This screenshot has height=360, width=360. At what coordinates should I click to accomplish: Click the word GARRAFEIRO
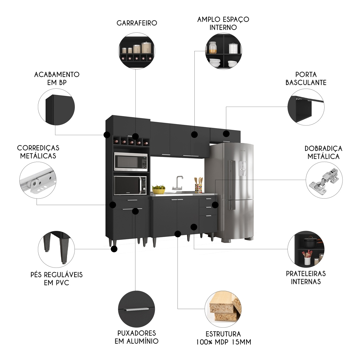pos(137,23)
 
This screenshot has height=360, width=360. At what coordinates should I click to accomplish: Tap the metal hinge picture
pos(324,180)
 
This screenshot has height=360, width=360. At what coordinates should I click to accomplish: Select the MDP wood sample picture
pos(223,309)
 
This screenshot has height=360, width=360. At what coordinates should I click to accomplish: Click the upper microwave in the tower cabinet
pos(131,162)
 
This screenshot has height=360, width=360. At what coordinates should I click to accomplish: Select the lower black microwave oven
pos(130,185)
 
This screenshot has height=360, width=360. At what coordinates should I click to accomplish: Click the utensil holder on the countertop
pos(198,187)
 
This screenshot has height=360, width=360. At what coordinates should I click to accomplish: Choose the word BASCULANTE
pos(306,83)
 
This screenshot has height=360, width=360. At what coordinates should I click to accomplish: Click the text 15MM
pos(241,342)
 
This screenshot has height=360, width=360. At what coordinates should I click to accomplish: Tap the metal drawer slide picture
pos(38,180)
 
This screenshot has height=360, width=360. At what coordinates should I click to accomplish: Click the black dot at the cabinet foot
pos(114,249)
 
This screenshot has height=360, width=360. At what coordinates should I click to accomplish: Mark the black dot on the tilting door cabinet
pos(226,134)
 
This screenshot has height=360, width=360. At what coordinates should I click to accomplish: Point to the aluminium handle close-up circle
pos(137,309)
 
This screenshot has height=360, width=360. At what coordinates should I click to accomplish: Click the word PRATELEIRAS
pos(306,274)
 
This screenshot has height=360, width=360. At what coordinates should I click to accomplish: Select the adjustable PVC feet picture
pos(56,249)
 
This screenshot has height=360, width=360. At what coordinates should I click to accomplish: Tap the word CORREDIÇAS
pos(38,148)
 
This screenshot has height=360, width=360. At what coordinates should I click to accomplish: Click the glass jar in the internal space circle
pos(213,47)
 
